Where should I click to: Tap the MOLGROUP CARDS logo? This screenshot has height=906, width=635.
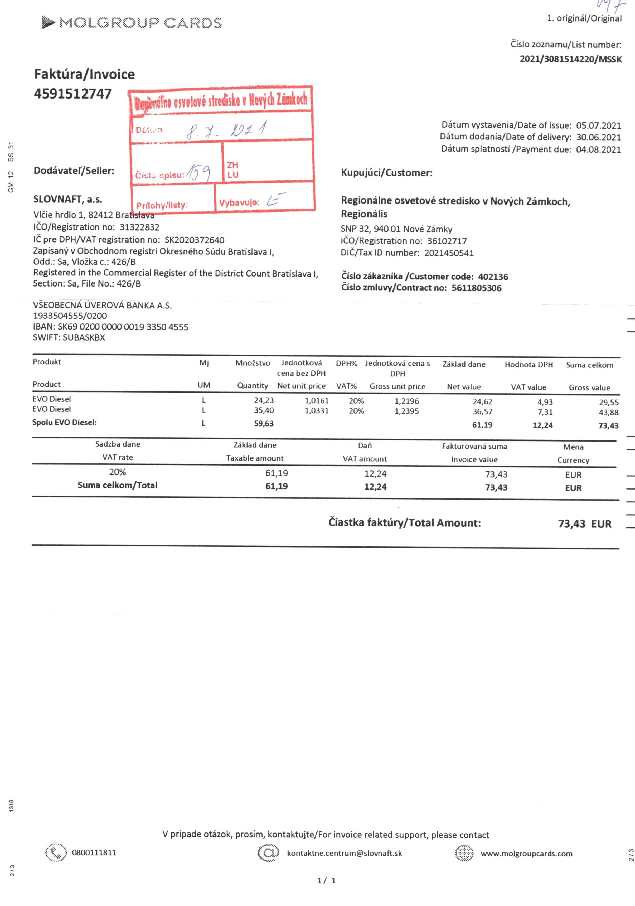[x=132, y=23]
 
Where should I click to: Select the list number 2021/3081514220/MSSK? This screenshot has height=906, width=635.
[x=570, y=59]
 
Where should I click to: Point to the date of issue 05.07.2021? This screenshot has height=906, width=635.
[x=598, y=125]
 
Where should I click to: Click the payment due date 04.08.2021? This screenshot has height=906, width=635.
[x=598, y=149]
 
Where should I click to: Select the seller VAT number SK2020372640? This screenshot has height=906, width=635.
[x=194, y=240]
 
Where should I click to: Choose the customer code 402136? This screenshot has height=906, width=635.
[x=493, y=277]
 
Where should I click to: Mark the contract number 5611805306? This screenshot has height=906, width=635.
[x=476, y=288]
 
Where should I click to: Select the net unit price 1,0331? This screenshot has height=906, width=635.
[x=317, y=411]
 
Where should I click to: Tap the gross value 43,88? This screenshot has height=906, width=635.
[x=609, y=412]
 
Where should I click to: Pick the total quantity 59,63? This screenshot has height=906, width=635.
[x=264, y=424]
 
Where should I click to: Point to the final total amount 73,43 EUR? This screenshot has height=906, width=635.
[x=584, y=524]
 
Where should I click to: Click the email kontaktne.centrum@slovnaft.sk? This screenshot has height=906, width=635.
[x=344, y=853]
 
